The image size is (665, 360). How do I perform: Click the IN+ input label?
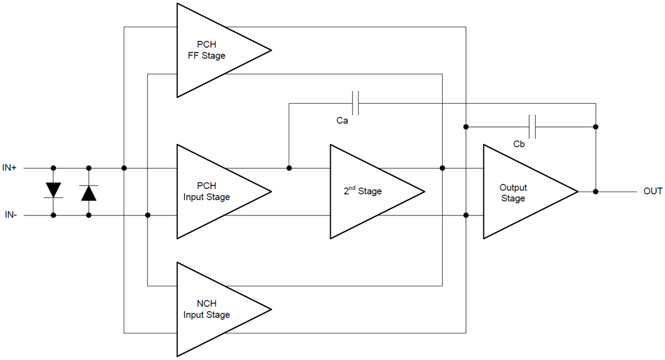pos(9,167)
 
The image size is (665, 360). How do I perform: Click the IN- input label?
pos(9,215)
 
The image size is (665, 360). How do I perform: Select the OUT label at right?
pos(653,192)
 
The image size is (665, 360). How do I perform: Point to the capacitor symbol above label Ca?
pos(355,103)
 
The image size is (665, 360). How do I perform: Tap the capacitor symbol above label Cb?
pos(533,127)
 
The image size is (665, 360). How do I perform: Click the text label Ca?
pos(342,120)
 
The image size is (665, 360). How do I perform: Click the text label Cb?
pos(519,144)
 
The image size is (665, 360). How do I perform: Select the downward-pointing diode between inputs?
pos(53,191)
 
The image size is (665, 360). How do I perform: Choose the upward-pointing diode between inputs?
pos(89,192)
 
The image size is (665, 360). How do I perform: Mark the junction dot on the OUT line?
pos(596,192)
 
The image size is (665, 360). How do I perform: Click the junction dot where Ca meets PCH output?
pos(289,168)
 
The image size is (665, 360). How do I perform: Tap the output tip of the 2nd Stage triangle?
pos(424,192)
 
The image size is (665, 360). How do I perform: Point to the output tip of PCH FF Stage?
pos(270,50)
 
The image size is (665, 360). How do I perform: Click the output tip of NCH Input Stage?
pos(270,309)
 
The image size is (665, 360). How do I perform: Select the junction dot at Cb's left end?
pos(466,127)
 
